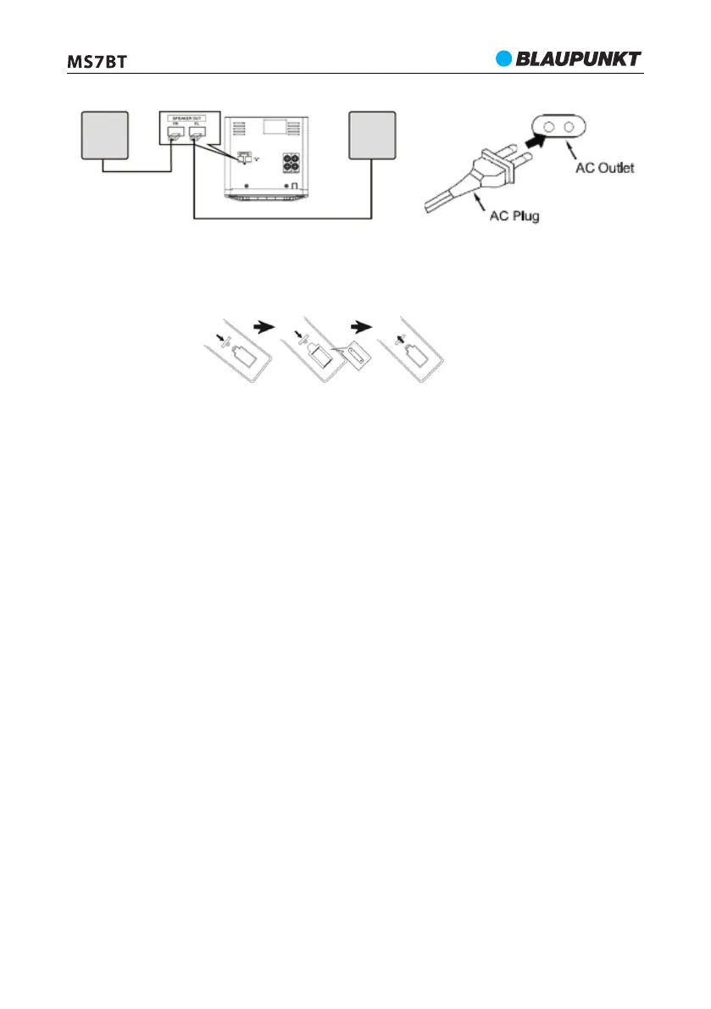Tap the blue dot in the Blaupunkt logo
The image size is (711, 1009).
tap(505, 58)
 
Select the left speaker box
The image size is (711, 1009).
tap(105, 134)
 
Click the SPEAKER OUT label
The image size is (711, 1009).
tap(187, 118)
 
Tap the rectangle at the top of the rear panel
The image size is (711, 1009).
tap(274, 126)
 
